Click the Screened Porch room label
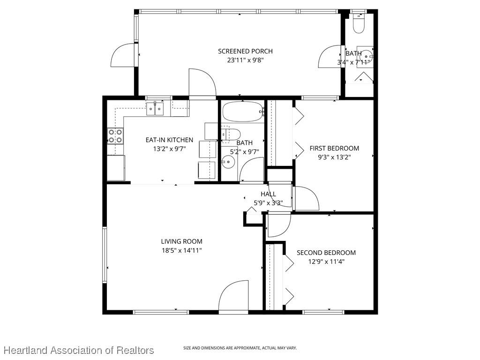pyautogui.click(x=245, y=51)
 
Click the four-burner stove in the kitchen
pyautogui.click(x=115, y=136)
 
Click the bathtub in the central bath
pyautogui.click(x=242, y=112)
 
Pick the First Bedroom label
pyautogui.click(x=334, y=148)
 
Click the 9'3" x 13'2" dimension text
pyautogui.click(x=334, y=157)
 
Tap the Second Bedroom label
pyautogui.click(x=326, y=253)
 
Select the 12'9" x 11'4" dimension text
pyautogui.click(x=326, y=262)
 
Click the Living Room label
pyautogui.click(x=181, y=241)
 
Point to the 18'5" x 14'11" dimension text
pyautogui.click(x=181, y=250)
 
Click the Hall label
pyautogui.click(x=268, y=194)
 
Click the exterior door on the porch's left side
pyautogui.click(x=124, y=55)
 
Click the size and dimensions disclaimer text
pyautogui.click(x=240, y=348)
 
